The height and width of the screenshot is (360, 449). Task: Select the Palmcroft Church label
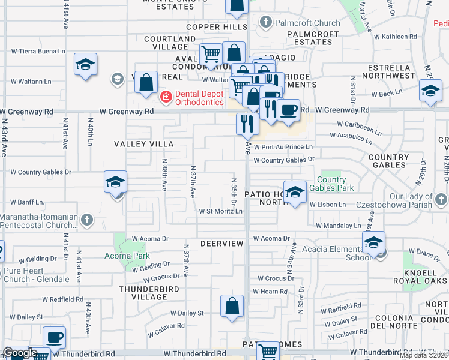[x=301, y=23]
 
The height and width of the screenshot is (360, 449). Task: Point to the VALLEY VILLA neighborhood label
[x=144, y=144]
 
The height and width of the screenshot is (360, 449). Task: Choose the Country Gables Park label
[x=331, y=184]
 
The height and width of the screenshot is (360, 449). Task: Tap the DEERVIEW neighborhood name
[x=221, y=244]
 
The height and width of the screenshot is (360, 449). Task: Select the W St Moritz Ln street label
[x=221, y=211]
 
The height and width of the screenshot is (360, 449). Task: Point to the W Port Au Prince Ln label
[x=283, y=147]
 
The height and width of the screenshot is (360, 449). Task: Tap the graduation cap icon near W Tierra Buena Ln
[x=86, y=65]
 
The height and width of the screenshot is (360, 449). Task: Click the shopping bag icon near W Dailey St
[x=232, y=307]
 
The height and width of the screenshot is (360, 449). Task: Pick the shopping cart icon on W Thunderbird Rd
[x=268, y=352]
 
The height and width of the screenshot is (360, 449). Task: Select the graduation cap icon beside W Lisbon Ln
[x=294, y=193]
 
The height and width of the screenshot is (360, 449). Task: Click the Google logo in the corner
[x=19, y=353]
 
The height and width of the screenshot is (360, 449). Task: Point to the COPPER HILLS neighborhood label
[x=217, y=27]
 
